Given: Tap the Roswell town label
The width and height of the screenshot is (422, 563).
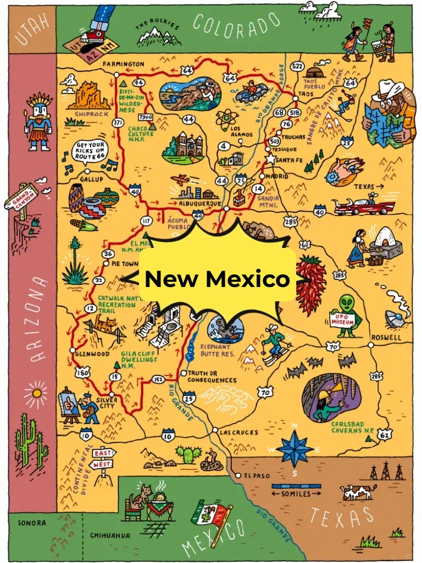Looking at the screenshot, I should pyautogui.click(x=386, y=337).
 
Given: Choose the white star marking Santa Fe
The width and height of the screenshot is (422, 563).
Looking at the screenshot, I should pyautogui.click(x=270, y=159).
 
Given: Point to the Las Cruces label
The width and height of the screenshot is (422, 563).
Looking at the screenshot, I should pyautogui.click(x=238, y=433).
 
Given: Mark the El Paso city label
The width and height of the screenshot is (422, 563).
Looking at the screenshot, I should pyautogui.click(x=257, y=476).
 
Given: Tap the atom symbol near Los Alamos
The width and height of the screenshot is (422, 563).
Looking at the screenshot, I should pyautogui.click(x=225, y=119).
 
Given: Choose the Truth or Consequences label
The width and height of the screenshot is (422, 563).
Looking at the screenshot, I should pyautogui.click(x=212, y=377).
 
